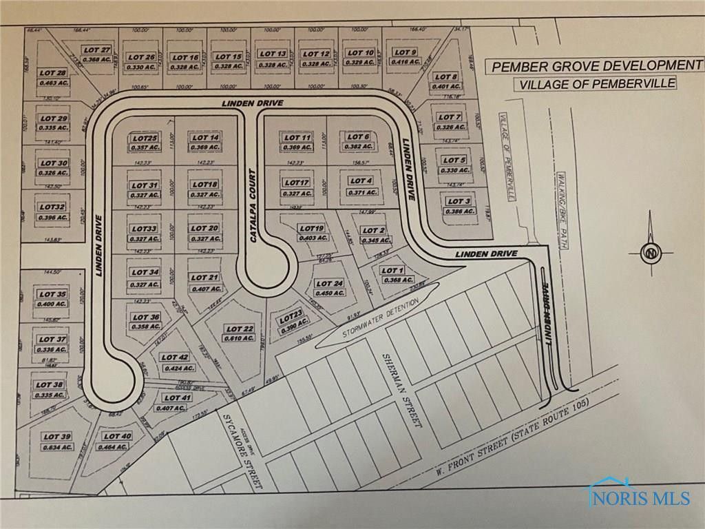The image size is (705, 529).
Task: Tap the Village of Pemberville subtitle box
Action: pos(596,84)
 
